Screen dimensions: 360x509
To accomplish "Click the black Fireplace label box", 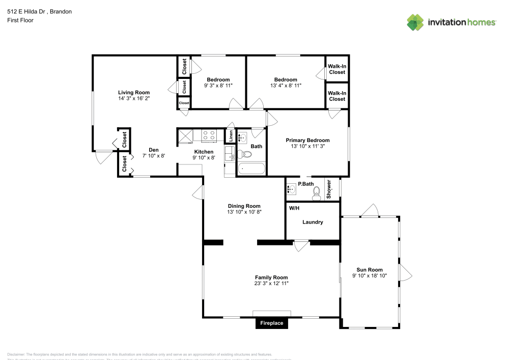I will pos(272,323).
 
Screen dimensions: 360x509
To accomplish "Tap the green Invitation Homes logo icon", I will pos(415,22).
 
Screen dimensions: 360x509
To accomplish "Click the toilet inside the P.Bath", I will pos(316,191).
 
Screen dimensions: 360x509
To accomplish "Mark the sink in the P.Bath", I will pos(292,189).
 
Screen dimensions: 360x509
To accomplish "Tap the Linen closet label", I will pos(231,136).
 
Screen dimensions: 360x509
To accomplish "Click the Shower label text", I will pos(329,189).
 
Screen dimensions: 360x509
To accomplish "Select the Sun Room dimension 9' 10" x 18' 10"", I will pos(370,275).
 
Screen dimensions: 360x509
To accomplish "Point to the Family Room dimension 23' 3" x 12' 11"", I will pos(272,283).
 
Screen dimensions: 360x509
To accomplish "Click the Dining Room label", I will pos(244,206).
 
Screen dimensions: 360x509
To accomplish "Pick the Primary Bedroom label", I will pos(307,140).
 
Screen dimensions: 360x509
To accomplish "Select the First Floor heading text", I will pos(20,20).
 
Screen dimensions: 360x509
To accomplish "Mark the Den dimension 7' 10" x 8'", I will pos(153,156).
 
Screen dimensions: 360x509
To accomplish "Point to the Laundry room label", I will pos(313,222).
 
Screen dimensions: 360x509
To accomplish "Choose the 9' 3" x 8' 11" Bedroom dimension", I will pos(218,86).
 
